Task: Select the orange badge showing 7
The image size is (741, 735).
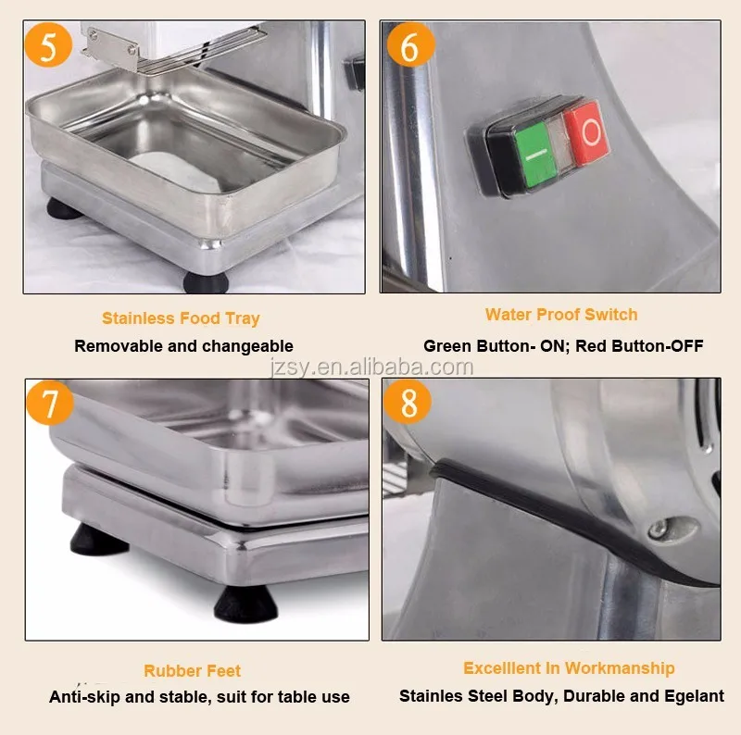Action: tap(52, 404)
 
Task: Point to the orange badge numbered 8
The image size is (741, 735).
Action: tap(408, 404)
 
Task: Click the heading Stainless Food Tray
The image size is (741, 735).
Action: tap(181, 318)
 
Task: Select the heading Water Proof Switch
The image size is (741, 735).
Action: tap(560, 315)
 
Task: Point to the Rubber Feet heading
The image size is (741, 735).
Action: tap(192, 671)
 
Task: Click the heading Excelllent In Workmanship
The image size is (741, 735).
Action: tap(569, 667)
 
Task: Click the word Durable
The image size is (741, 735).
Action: tap(593, 695)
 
